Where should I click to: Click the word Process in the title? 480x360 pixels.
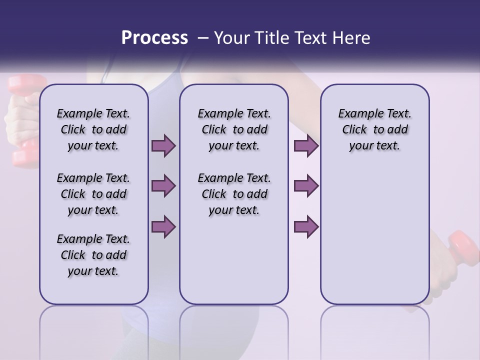pos(154,38)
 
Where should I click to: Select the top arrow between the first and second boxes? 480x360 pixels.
pos(163,146)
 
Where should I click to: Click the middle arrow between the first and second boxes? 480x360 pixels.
pos(163,186)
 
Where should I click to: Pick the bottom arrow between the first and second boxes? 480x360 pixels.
pos(163,226)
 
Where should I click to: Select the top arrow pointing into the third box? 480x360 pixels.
pos(306,146)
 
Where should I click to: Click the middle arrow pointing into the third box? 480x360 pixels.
pos(306,186)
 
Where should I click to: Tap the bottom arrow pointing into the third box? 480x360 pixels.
pos(306,226)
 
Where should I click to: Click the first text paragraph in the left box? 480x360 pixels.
pos(93,129)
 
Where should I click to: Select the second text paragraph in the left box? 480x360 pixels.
pos(93,194)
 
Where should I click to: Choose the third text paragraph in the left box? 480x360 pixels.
pos(93,255)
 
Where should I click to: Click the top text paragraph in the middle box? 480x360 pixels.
pos(234,129)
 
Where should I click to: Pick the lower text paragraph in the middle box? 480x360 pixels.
pos(234,194)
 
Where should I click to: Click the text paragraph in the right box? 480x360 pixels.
pos(374,129)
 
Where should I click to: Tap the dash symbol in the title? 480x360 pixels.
pos(202,38)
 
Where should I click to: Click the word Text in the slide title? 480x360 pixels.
pos(310,38)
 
